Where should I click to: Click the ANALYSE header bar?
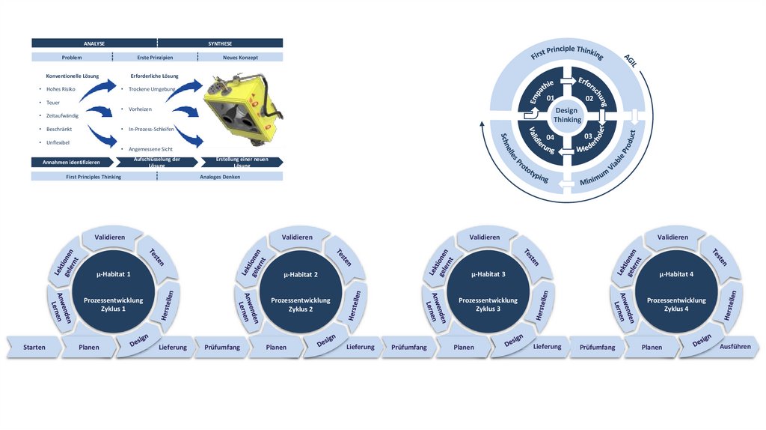(94, 43)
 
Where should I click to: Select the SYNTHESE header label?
(220, 43)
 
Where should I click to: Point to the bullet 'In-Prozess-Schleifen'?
(151, 130)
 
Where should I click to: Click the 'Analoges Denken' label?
(220, 177)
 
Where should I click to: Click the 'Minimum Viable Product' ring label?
(607, 160)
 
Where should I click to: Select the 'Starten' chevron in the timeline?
(34, 348)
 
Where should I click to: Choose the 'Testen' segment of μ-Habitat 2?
(344, 257)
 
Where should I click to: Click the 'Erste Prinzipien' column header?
(155, 57)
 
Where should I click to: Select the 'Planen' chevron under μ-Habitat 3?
(464, 348)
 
